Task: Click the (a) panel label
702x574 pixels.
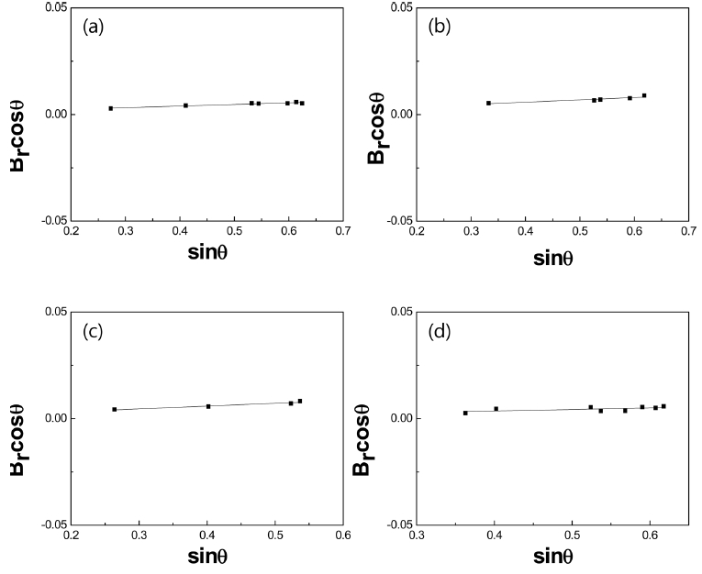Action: [x=92, y=27]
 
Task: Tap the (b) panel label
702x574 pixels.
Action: [x=439, y=27]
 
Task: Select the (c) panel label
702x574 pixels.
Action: [x=92, y=331]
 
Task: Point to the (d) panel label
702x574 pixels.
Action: [x=439, y=331]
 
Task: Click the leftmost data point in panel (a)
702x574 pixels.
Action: [x=110, y=108]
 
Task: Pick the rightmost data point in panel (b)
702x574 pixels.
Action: [x=644, y=95]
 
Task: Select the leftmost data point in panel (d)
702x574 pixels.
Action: [x=465, y=413]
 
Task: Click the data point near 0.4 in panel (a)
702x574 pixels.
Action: [x=185, y=105]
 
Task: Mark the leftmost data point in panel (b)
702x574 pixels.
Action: [x=488, y=103]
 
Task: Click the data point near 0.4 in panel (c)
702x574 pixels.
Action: [x=208, y=405]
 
